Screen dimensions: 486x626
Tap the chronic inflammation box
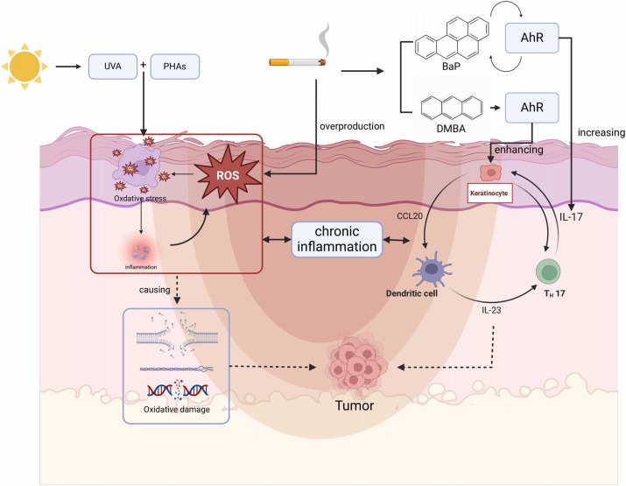(x=338, y=238)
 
